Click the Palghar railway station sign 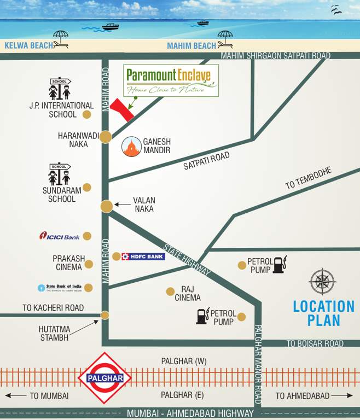tap(104, 377)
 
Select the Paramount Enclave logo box tap(171, 80)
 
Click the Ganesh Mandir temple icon tap(131, 147)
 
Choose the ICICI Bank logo tap(60, 236)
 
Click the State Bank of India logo tap(59, 288)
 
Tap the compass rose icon tap(322, 282)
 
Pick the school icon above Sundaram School tap(60, 174)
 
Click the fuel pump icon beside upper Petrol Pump tap(280, 265)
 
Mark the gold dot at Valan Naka tap(107, 206)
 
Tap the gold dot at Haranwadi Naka tap(106, 137)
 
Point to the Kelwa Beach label tap(28, 46)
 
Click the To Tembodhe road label tap(309, 179)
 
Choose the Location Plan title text tap(323, 313)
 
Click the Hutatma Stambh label tap(54, 333)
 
